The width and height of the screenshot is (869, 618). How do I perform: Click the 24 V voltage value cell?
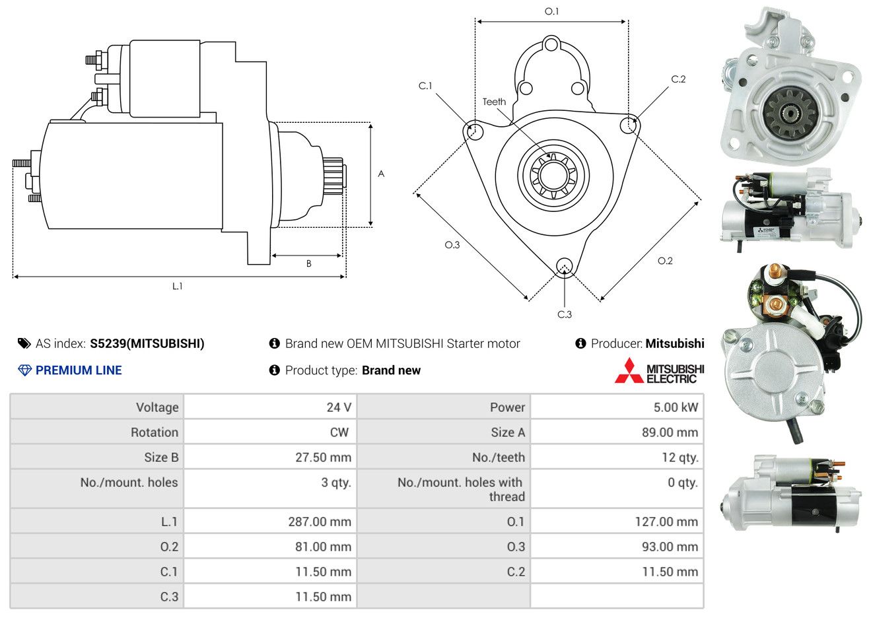338,407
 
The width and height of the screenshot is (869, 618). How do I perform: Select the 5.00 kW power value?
676,407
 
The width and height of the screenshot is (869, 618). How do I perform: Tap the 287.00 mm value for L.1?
320,522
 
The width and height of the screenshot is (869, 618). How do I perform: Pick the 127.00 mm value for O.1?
666,522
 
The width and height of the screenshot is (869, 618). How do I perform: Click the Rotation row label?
154,432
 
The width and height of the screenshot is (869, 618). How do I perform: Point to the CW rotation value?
339,432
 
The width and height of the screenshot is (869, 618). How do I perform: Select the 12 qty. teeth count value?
679,458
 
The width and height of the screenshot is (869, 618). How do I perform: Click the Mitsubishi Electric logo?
660,371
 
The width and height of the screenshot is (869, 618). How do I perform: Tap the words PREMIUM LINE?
79,370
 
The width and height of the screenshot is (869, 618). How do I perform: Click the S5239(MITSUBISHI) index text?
147,343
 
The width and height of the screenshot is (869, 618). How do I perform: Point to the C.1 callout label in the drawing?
425,86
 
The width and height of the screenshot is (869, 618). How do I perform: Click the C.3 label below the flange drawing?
565,314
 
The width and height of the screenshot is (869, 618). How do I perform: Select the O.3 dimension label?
452,245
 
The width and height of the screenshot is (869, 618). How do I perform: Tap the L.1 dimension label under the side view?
177,286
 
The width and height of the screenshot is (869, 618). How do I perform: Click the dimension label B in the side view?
308,263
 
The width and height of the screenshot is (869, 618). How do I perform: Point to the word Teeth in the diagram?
494,102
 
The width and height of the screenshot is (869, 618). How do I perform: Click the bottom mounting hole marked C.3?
564,266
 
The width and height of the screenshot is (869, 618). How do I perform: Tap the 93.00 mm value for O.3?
666,547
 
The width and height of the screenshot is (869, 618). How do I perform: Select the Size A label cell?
508,432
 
